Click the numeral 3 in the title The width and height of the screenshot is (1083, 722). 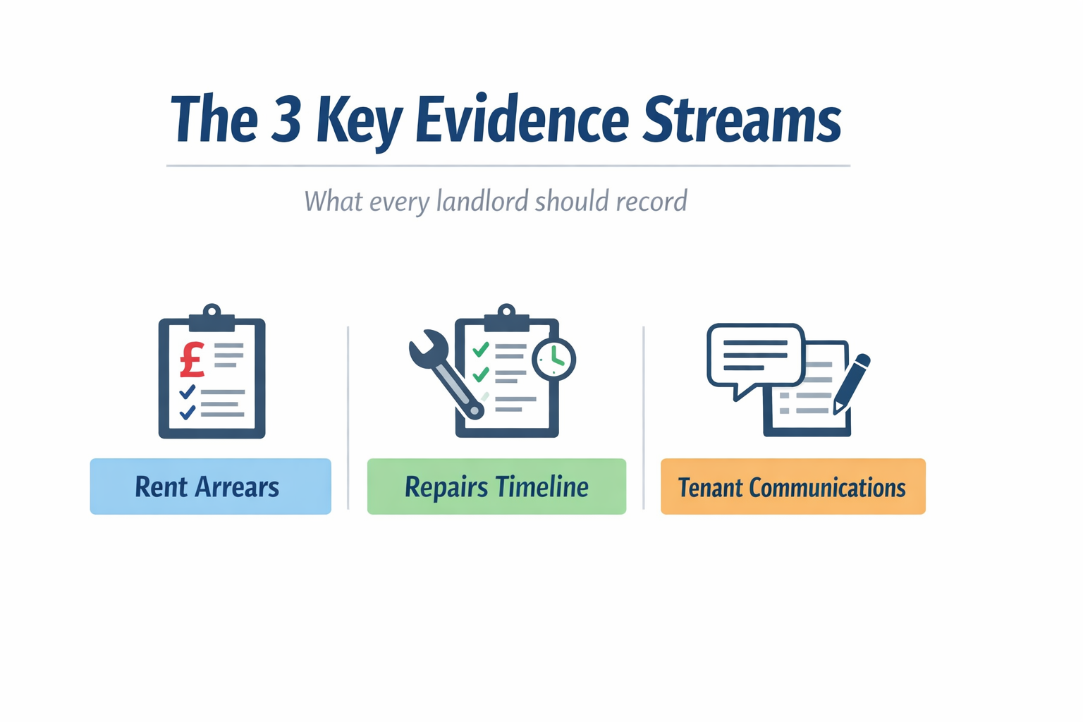click(x=286, y=120)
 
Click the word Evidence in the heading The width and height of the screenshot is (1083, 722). click(x=522, y=120)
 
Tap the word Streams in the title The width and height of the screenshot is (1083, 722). click(x=742, y=120)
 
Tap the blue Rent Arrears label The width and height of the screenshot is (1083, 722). click(x=210, y=487)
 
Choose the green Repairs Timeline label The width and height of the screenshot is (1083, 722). click(x=496, y=487)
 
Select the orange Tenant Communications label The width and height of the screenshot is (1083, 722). click(x=793, y=487)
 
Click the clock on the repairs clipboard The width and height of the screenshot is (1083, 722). click(x=554, y=359)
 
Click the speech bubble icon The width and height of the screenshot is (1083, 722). click(x=755, y=356)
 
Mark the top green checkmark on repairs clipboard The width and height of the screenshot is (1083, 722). click(x=481, y=349)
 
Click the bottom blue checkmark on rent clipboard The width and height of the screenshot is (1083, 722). click(x=187, y=412)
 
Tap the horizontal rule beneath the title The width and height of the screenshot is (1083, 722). click(x=508, y=166)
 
